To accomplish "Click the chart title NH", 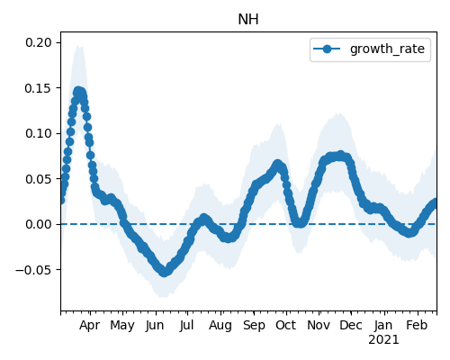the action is (x=248, y=20).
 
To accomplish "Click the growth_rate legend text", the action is (x=387, y=49).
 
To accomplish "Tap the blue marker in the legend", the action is (x=327, y=49).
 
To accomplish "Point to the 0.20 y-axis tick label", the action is (x=39, y=42).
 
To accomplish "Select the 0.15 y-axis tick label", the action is (x=39, y=88).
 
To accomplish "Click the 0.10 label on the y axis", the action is (x=39, y=133).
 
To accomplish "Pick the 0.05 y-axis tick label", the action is (x=39, y=179).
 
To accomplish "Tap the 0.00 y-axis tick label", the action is (x=39, y=224).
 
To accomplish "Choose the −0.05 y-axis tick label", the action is (x=34, y=270).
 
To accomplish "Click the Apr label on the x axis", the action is (x=89, y=326).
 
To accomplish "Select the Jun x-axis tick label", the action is (x=155, y=326).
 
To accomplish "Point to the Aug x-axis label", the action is (x=220, y=326).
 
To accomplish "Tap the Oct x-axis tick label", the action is (x=286, y=325).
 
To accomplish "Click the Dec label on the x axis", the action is (x=351, y=325).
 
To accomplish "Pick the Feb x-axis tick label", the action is (x=417, y=325).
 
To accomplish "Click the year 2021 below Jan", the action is (x=383, y=340).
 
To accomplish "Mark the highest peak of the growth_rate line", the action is (x=78, y=91).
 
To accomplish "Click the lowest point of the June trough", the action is (x=164, y=272).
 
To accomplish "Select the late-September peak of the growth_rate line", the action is (x=278, y=165).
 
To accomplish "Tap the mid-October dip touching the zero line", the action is (x=300, y=223).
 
